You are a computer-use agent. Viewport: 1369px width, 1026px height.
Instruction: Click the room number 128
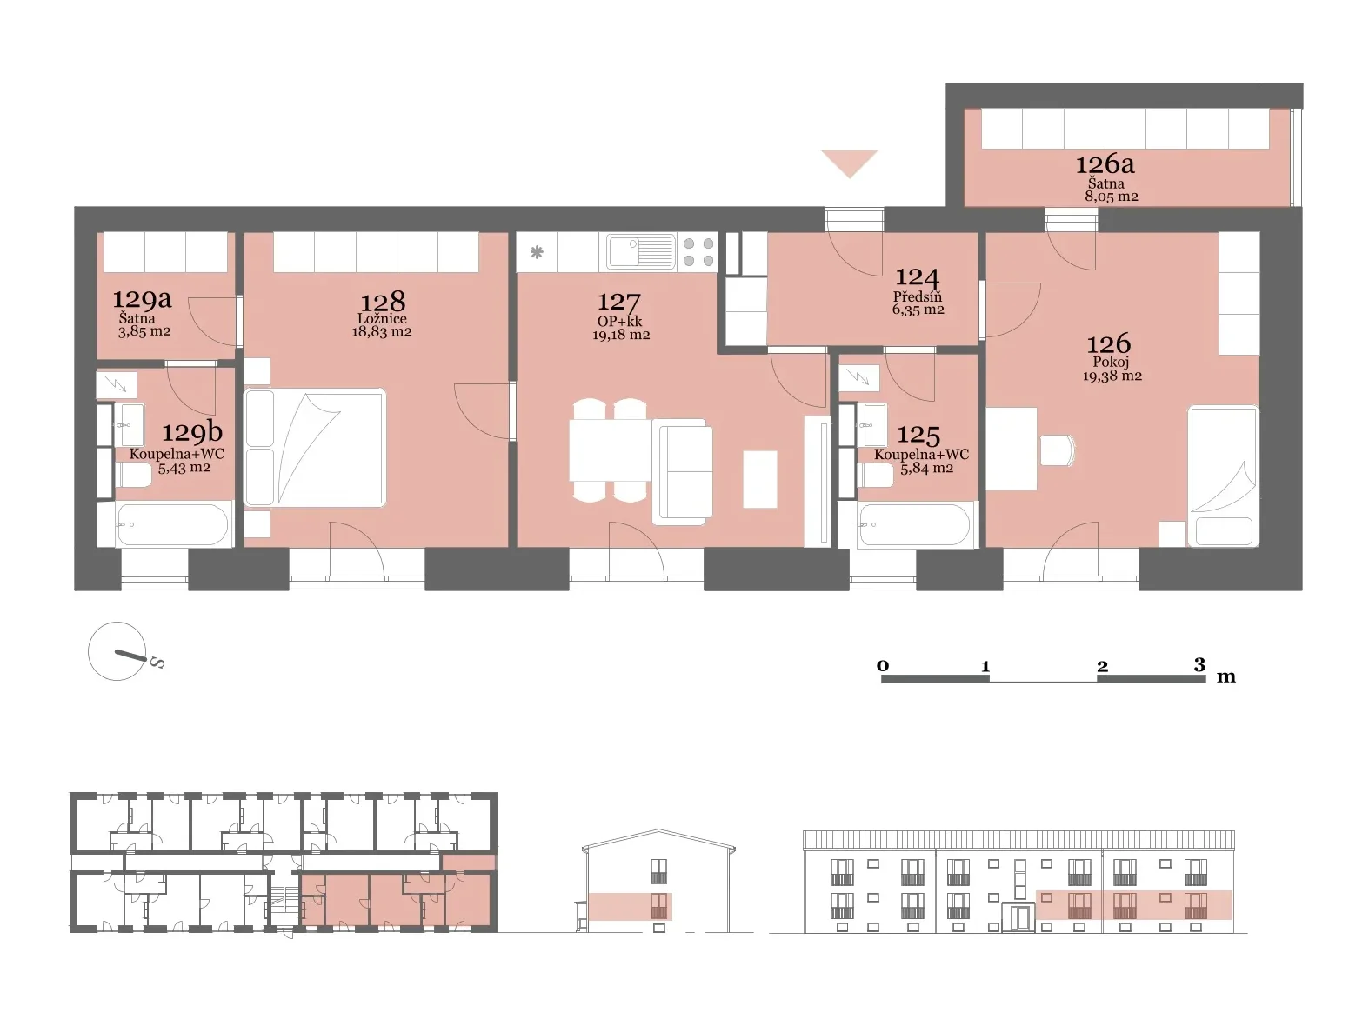[x=383, y=303]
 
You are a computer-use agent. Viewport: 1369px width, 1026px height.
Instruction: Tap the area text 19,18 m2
[x=620, y=336]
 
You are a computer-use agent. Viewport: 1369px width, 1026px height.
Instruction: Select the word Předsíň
[x=918, y=296]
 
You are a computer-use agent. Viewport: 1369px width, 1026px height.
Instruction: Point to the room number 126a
[x=1105, y=164]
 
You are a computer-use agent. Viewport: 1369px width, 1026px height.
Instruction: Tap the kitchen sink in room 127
[x=641, y=252]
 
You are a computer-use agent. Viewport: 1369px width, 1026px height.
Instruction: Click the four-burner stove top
[x=698, y=252]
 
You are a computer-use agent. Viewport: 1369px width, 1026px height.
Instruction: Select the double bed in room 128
[x=314, y=447]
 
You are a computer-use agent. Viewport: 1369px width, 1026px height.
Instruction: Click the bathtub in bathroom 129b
[x=171, y=525]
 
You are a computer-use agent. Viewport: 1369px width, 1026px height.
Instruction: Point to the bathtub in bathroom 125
[x=914, y=525]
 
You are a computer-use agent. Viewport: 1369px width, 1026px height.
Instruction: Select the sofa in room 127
[x=682, y=472]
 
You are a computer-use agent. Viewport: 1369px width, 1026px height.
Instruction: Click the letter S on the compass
[x=157, y=663]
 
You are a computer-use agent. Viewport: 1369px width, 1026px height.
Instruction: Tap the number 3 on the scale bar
[x=1199, y=665]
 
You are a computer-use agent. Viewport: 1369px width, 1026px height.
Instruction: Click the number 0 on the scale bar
[x=883, y=666]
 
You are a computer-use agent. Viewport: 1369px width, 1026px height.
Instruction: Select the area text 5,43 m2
[x=184, y=468]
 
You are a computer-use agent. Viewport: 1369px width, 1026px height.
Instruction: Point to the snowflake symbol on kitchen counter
[x=537, y=252]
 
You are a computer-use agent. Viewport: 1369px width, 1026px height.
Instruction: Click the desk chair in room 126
[x=1057, y=450]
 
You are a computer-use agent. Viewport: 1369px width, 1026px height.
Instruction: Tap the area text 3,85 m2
[x=144, y=331]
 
